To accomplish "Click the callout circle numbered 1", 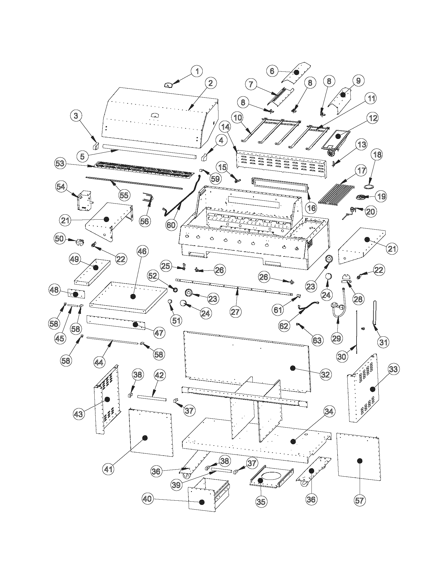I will click(197, 71).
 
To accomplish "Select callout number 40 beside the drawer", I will click(148, 499).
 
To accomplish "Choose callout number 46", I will click(142, 251).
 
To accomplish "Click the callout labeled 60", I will click(171, 225).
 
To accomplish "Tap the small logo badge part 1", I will click(168, 85).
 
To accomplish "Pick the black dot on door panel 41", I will click(145, 438).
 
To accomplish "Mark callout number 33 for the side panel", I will click(393, 369).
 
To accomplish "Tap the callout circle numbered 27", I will click(235, 312).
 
